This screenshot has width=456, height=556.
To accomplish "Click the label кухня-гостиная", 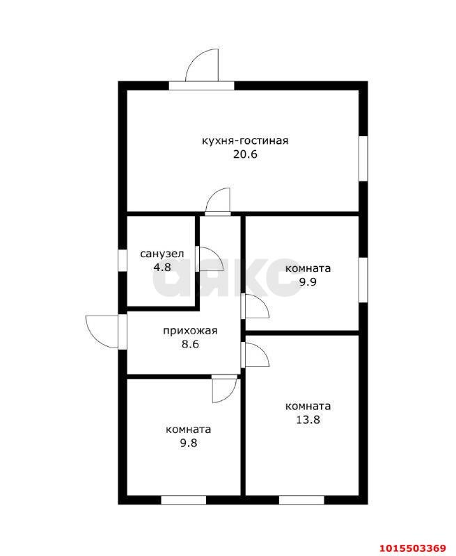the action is coord(245,141).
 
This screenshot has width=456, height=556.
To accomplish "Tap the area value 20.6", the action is coord(245,154).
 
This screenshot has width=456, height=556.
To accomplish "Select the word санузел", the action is coord(162,254).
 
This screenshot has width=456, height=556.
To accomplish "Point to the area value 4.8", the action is coord(162,267).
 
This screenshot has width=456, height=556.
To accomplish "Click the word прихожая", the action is coord(190,332).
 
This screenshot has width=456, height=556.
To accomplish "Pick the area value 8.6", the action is coord(190,344).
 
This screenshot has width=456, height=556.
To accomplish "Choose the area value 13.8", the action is coord(308,420).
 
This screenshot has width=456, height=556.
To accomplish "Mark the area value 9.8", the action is coord(188,443).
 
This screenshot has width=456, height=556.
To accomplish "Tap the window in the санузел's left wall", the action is coord(123,261).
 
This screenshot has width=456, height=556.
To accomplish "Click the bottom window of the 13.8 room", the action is coord(301,500).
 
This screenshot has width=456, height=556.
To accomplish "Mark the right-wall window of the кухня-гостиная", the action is coord(363,158).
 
